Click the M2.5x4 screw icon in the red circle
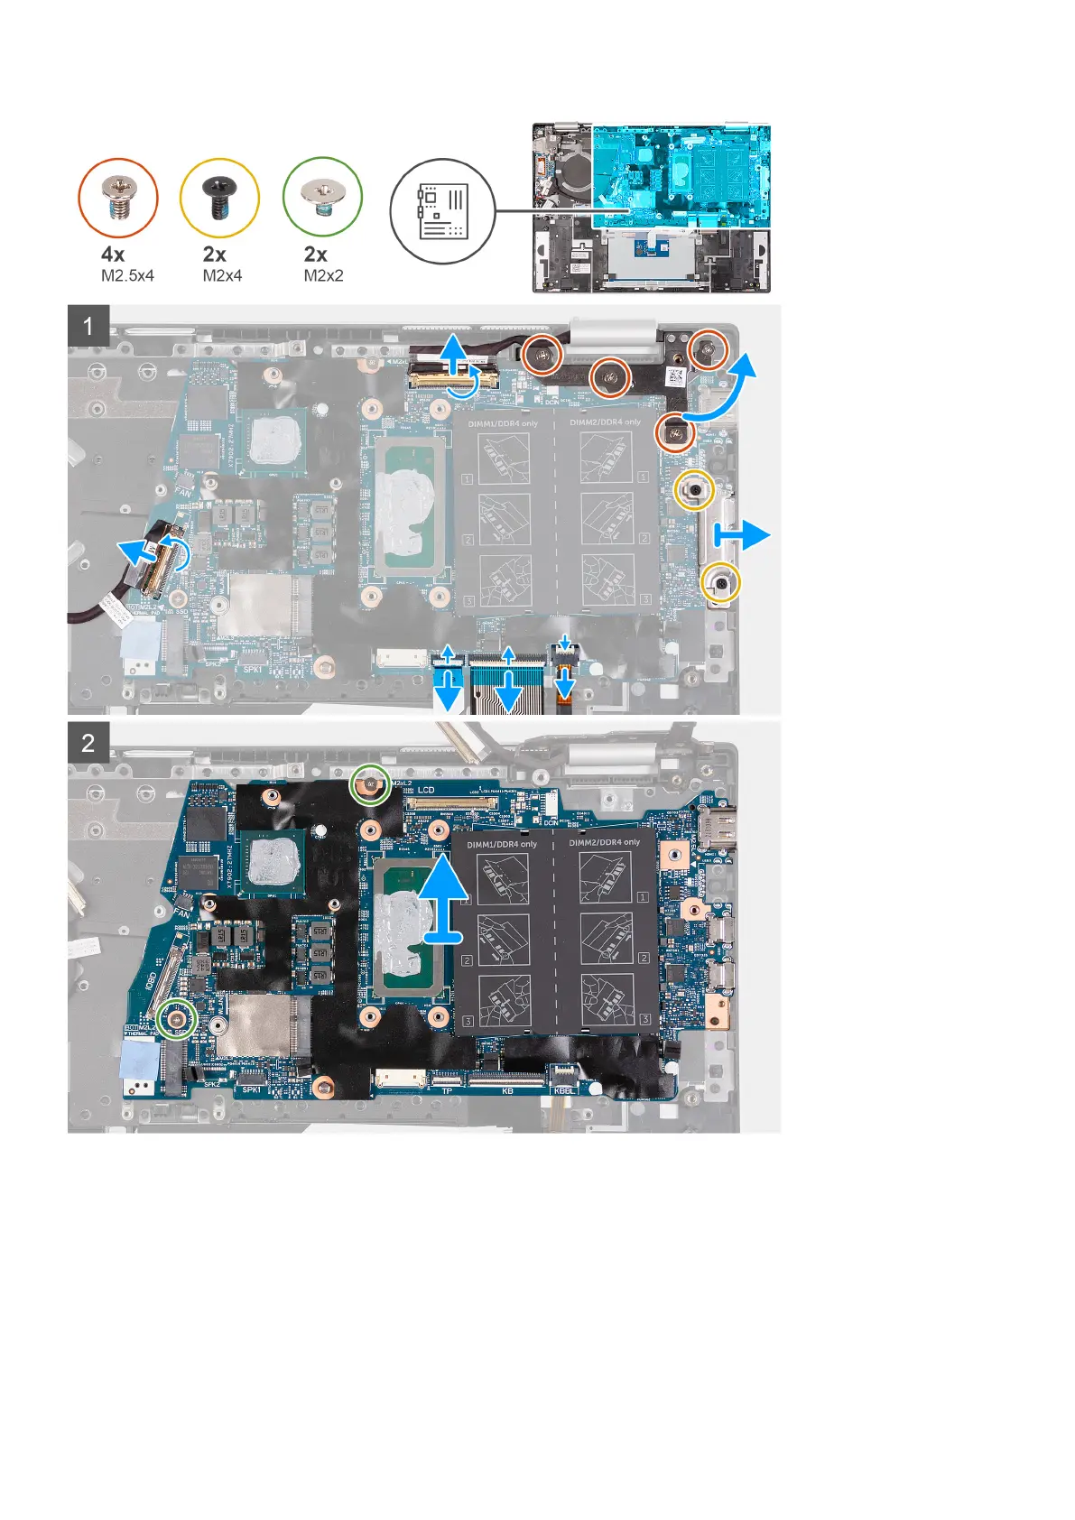coord(118,198)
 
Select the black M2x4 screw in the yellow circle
coord(219,198)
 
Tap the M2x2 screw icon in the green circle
coord(322,196)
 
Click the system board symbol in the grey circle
coord(442,211)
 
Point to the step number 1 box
coord(88,325)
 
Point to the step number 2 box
coord(88,743)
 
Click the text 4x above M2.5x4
coord(113,255)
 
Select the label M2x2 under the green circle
coord(323,276)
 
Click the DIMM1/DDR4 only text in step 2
coord(502,845)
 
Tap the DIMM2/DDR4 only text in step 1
coord(606,422)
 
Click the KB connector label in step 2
coord(507,1091)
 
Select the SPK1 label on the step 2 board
coord(252,1089)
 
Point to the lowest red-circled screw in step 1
coord(674,437)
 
